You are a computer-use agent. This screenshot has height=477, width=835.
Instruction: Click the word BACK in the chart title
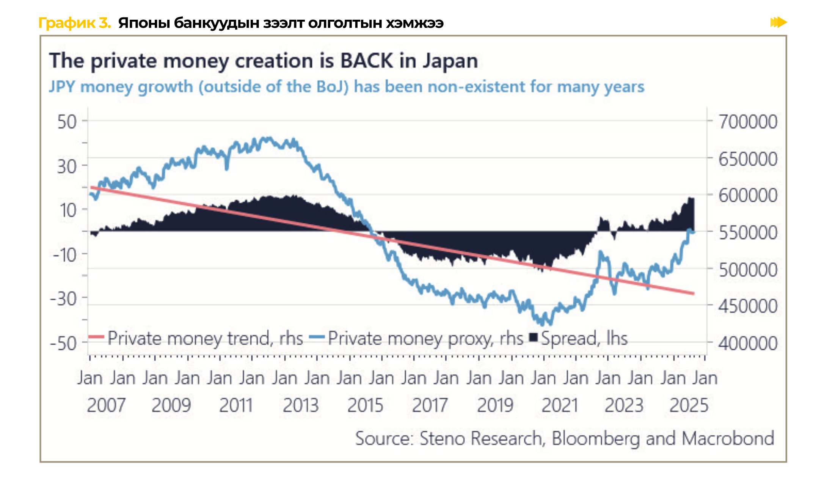[x=367, y=61]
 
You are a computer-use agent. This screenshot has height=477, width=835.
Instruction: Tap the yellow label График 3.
[x=74, y=23]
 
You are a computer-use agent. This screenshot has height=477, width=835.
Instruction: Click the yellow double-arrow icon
[x=778, y=22]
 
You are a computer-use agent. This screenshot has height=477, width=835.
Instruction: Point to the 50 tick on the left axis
[x=67, y=122]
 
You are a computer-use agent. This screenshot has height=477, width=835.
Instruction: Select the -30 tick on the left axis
[x=64, y=299]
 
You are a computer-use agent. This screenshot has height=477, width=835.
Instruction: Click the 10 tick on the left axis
[x=68, y=210]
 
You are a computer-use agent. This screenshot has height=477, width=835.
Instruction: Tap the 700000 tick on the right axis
[x=748, y=122]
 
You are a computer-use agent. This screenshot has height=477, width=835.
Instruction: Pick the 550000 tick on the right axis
[x=748, y=232]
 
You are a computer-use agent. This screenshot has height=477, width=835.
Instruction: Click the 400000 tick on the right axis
[x=748, y=344]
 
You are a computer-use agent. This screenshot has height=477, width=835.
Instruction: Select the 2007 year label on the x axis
[x=106, y=405]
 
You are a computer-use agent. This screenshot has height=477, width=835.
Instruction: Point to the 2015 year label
[x=365, y=405]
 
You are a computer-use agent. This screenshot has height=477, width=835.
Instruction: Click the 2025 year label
[x=689, y=405]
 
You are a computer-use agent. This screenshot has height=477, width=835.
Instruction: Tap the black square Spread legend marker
[x=534, y=337]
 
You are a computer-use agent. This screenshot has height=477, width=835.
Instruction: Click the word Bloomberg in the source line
[x=596, y=438]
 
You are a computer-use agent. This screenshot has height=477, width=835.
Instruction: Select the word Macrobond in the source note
[x=728, y=438]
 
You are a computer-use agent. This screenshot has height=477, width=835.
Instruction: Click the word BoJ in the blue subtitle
[x=332, y=87]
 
